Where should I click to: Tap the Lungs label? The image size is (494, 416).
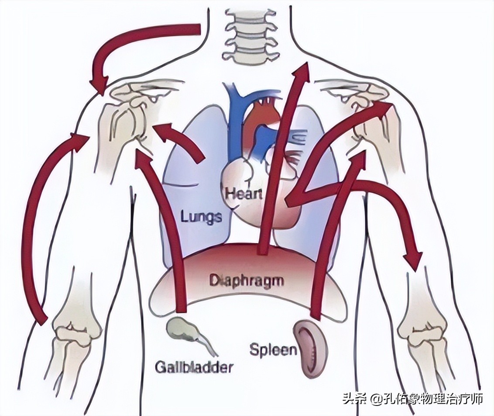coord(201,215)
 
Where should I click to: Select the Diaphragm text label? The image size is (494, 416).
coord(247,280)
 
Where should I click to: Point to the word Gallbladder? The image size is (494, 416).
coord(193,367)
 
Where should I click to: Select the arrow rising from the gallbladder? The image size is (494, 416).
coord(168,218)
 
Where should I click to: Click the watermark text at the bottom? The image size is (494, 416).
coord(412,399)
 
